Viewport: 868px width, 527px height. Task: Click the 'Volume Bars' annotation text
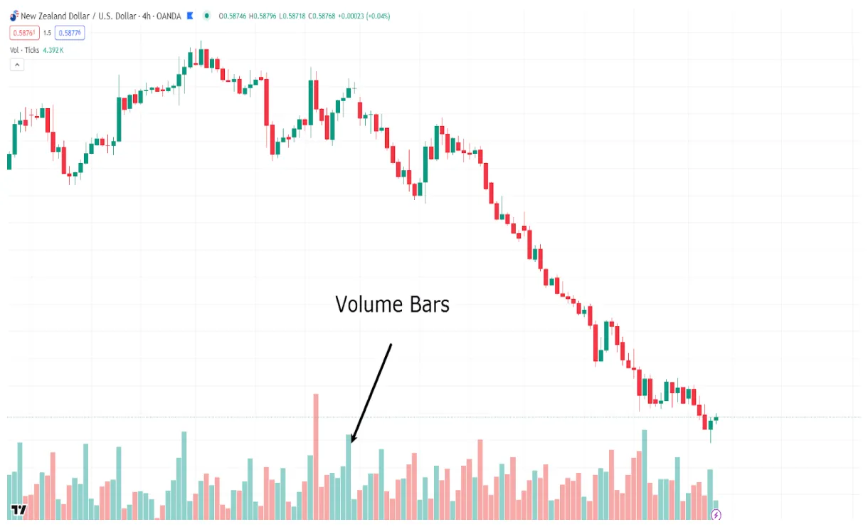[392, 305]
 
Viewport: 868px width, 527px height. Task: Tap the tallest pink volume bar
[316, 456]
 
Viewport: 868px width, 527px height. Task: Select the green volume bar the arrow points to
[349, 476]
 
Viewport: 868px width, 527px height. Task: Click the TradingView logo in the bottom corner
[19, 510]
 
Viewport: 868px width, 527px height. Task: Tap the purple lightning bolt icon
[716, 515]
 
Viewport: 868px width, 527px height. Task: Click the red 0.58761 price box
[23, 33]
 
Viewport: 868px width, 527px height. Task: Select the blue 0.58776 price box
[71, 33]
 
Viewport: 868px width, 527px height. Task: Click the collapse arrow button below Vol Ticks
[17, 65]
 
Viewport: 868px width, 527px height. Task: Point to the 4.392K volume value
[53, 50]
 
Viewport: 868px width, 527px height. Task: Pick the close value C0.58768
[325, 16]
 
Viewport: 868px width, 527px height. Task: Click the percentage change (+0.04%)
[379, 16]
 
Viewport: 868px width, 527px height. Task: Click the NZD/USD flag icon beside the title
[14, 16]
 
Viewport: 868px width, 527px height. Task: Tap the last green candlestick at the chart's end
[716, 419]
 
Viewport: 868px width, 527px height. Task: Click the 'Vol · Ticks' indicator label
[24, 50]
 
